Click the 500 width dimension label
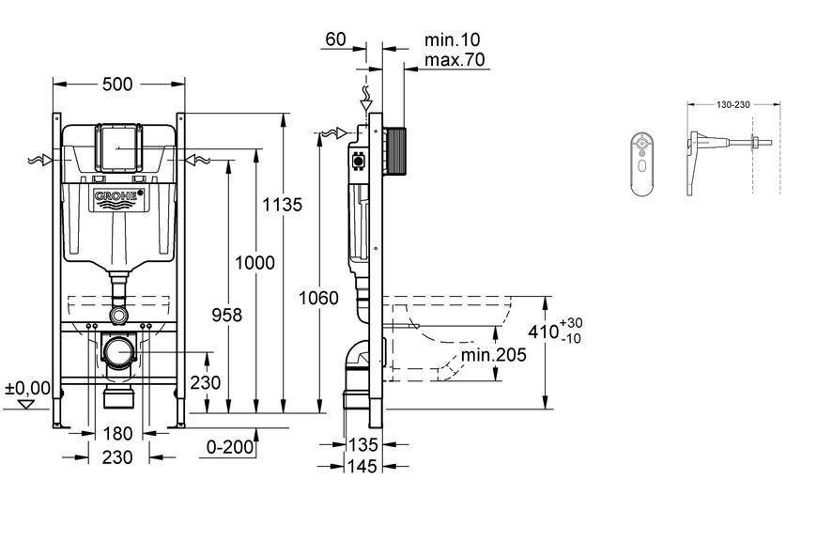click(117, 84)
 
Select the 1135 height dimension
click(282, 205)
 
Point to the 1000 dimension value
click(254, 263)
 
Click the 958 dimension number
click(226, 315)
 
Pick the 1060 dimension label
click(318, 298)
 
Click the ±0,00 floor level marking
click(27, 388)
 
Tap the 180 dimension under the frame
click(117, 434)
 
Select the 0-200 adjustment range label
click(230, 447)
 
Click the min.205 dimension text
click(493, 355)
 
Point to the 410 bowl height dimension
click(555, 331)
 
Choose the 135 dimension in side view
click(362, 444)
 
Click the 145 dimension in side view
click(362, 466)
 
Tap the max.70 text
click(455, 60)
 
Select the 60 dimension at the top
click(335, 39)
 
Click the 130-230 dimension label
click(733, 105)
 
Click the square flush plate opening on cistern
click(119, 148)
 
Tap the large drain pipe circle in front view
click(119, 352)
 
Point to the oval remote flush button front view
click(643, 164)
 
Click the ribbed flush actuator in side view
click(394, 150)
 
